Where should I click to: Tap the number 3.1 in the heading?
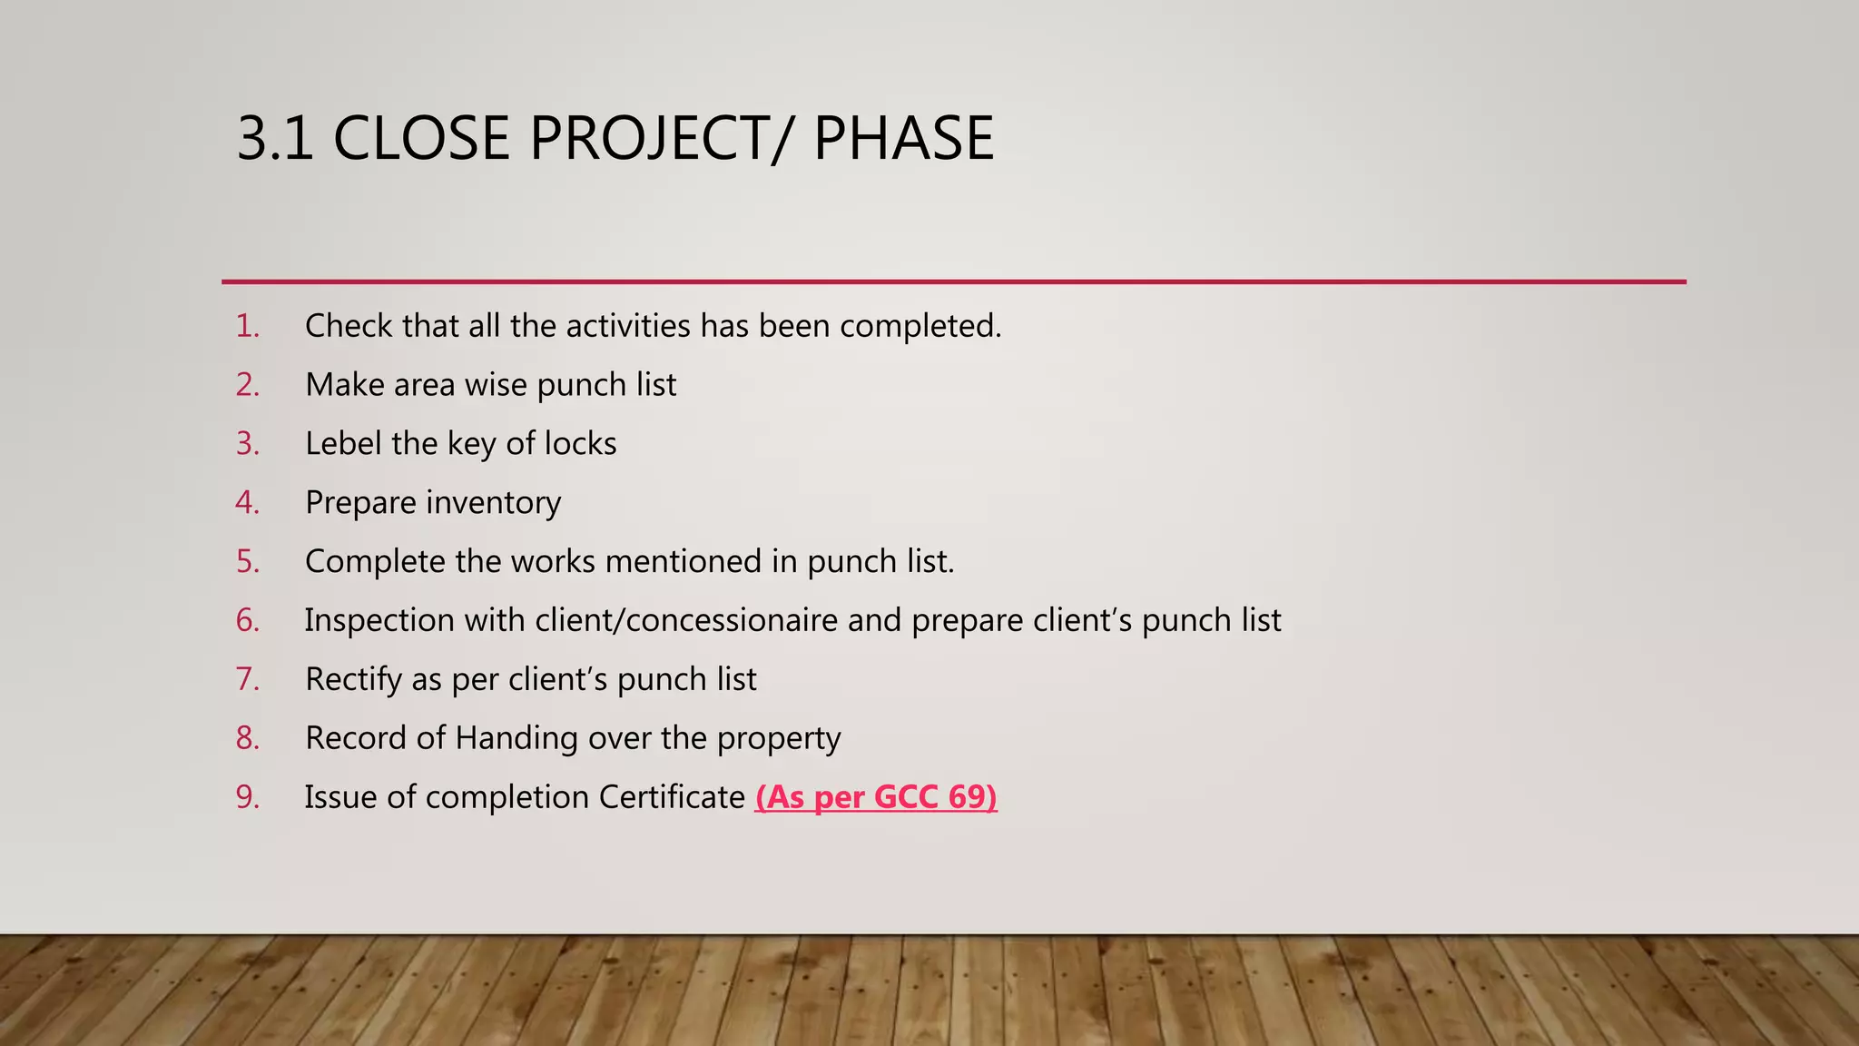click(275, 138)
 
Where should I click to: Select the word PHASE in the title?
click(903, 138)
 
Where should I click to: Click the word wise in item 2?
click(496, 385)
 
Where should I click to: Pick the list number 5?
click(247, 562)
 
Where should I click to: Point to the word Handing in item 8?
click(516, 738)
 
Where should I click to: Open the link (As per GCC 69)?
click(875, 797)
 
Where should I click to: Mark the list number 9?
click(247, 797)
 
